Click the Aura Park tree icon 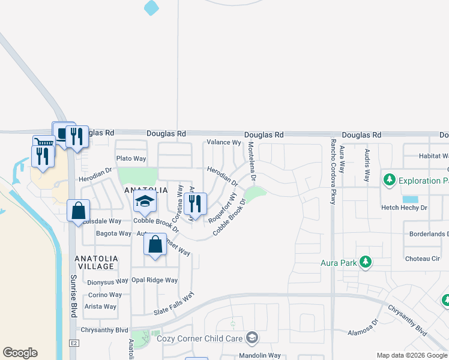365,262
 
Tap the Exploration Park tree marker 390,179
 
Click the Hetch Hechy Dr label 404,208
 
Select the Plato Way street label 131,158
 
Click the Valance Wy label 223,143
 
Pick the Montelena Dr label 253,162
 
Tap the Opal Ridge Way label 155,280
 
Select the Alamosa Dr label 363,329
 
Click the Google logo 20,353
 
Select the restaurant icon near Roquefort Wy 196,204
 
